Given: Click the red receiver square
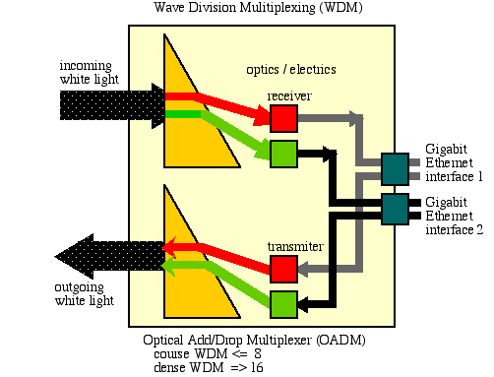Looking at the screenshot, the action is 283,118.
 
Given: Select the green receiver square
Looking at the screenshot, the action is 283,154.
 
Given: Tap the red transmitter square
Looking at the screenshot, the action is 283,269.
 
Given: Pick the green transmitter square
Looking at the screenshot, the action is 283,304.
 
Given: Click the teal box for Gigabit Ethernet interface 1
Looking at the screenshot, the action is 395,169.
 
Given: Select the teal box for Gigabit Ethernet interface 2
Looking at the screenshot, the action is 395,209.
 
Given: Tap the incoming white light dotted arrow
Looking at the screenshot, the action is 112,105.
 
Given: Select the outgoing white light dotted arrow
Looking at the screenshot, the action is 109,257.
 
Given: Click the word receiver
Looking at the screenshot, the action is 289,96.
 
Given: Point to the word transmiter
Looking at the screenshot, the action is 295,246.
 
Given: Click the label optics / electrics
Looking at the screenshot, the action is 291,70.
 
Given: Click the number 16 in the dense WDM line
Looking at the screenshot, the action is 257,367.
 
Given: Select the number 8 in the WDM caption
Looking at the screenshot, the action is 258,353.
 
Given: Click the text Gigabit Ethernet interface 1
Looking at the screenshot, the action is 454,162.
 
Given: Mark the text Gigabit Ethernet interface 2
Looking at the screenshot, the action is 454,216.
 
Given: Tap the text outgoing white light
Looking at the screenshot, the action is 84,294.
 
